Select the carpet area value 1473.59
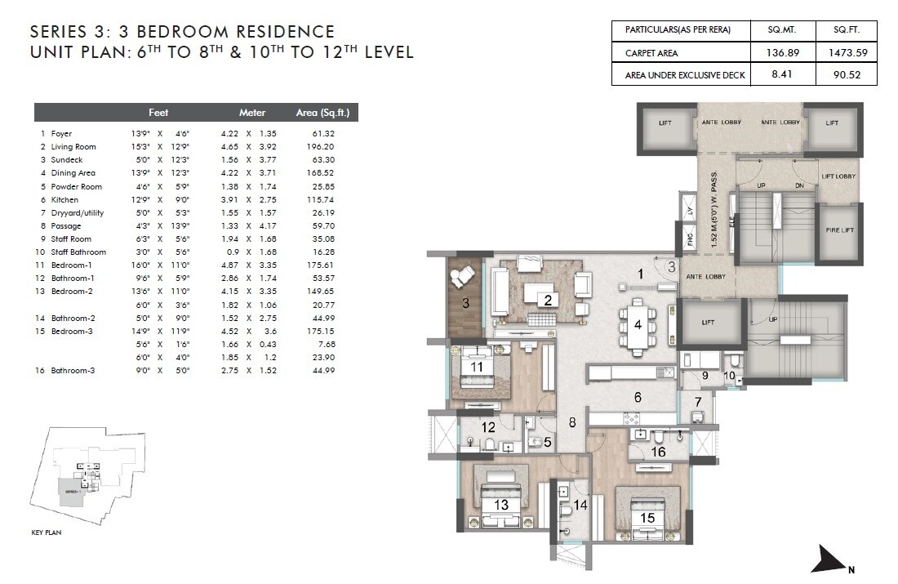[847, 52]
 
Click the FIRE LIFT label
[838, 230]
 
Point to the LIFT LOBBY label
[838, 176]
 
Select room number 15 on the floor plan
[648, 517]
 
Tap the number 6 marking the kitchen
[638, 398]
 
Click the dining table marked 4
[638, 324]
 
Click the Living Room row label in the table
[73, 147]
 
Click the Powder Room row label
[76, 186]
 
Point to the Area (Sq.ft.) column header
[327, 113]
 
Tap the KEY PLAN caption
[47, 532]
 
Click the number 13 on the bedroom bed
[501, 505]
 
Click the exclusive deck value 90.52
[847, 74]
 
